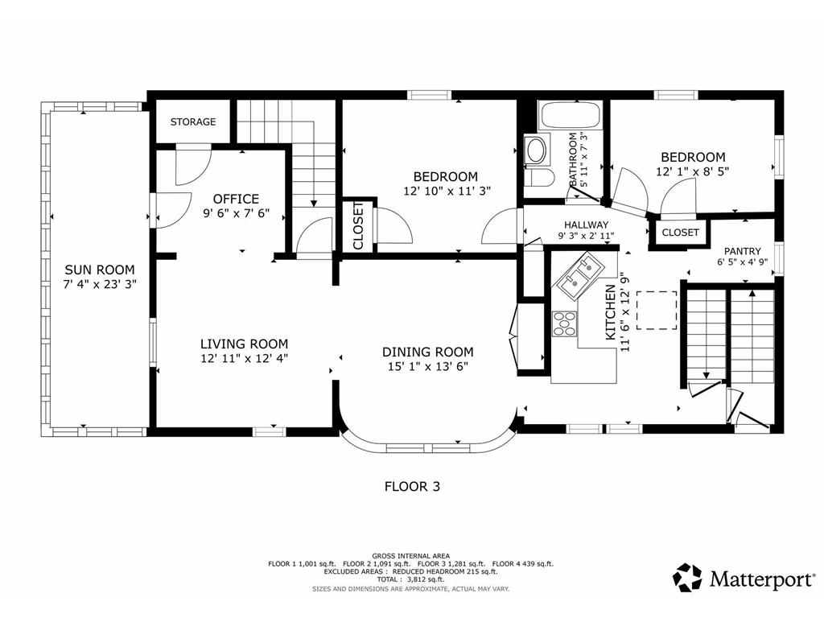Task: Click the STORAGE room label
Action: coord(193,122)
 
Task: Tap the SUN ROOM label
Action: coord(100,270)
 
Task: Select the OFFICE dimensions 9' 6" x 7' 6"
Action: coord(236,212)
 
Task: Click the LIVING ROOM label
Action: coord(244,344)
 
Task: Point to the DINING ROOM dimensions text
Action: coord(428,366)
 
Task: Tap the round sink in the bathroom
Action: coord(537,150)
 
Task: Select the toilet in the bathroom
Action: coord(538,178)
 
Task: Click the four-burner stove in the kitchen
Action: coord(564,323)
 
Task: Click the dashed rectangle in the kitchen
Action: coord(657,310)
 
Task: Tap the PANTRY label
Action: coord(743,251)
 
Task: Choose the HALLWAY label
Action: coord(587,225)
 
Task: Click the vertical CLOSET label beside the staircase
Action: coord(358,225)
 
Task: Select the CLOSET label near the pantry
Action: coord(681,233)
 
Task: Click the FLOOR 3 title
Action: coord(413,487)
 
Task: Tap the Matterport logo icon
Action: coord(687,578)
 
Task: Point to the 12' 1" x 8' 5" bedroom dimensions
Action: coord(693,171)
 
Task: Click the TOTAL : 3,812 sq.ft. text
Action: coord(411,579)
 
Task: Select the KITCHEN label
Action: coord(611,312)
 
